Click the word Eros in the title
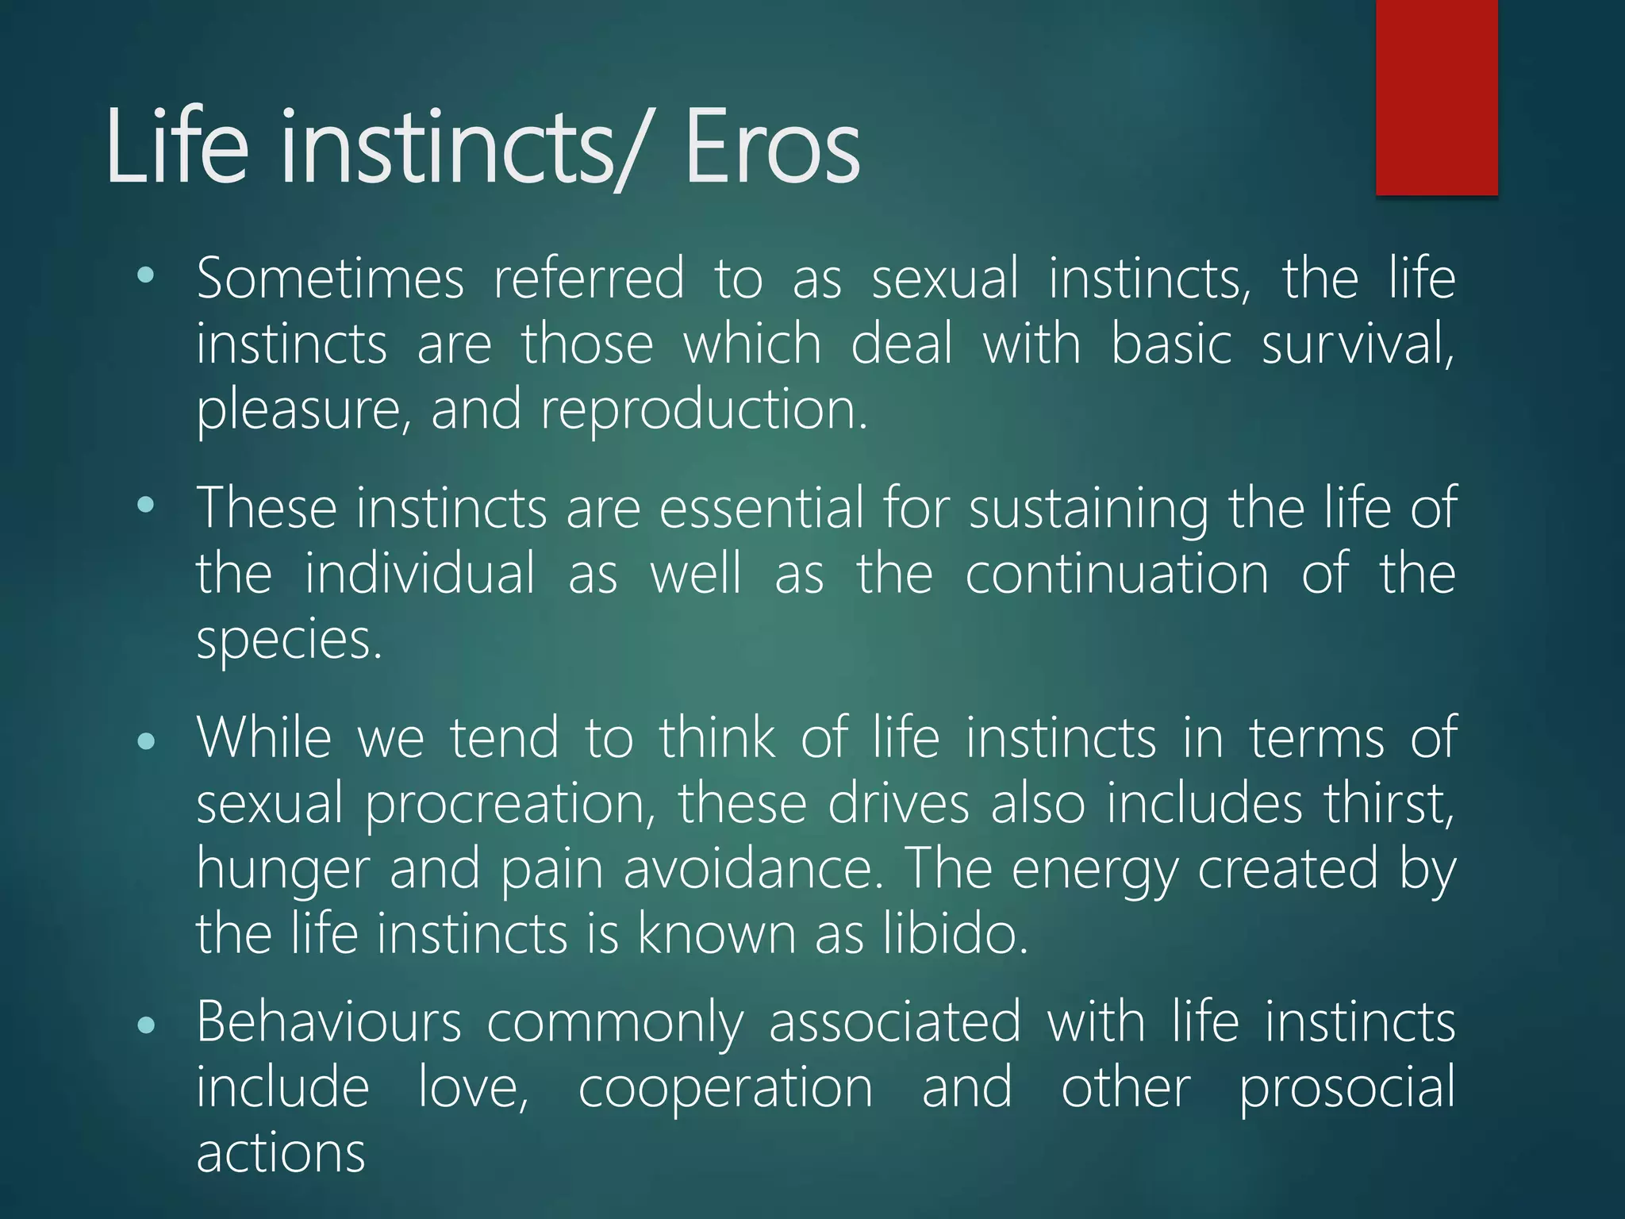(x=771, y=148)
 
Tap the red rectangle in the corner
(x=1436, y=97)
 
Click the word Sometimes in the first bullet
(x=329, y=279)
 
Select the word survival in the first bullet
(x=1358, y=344)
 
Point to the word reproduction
(x=704, y=410)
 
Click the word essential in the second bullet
(x=761, y=508)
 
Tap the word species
(x=289, y=640)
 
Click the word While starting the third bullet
(x=263, y=737)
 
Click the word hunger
(x=282, y=869)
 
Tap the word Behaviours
(x=328, y=1021)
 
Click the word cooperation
(x=725, y=1087)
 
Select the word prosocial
(x=1346, y=1087)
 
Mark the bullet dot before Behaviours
(x=146, y=1025)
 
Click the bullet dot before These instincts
(x=146, y=505)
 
